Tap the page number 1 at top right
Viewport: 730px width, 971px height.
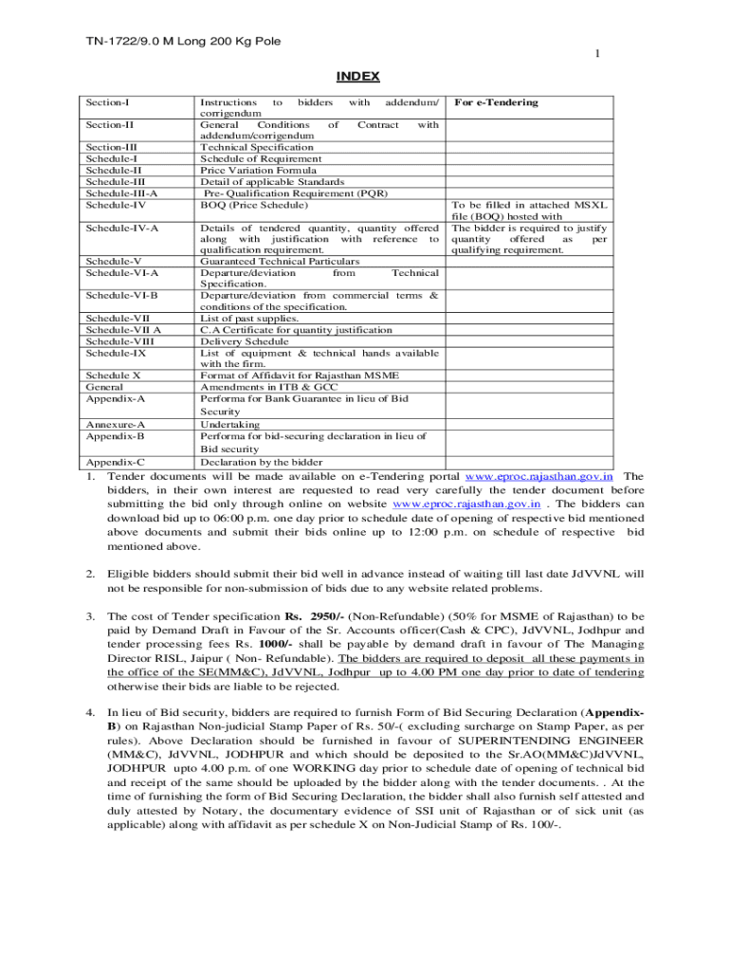[596, 54]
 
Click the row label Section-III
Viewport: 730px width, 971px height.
[111, 147]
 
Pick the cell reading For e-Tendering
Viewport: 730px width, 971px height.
[495, 101]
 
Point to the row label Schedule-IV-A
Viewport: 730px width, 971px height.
[122, 228]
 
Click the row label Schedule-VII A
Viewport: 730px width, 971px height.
[123, 329]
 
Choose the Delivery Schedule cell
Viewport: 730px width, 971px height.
[245, 340]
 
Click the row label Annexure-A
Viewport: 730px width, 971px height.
[115, 424]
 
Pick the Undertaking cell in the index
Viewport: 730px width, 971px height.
[228, 424]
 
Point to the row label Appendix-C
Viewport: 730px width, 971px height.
[115, 462]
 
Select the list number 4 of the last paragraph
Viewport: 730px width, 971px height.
[90, 711]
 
